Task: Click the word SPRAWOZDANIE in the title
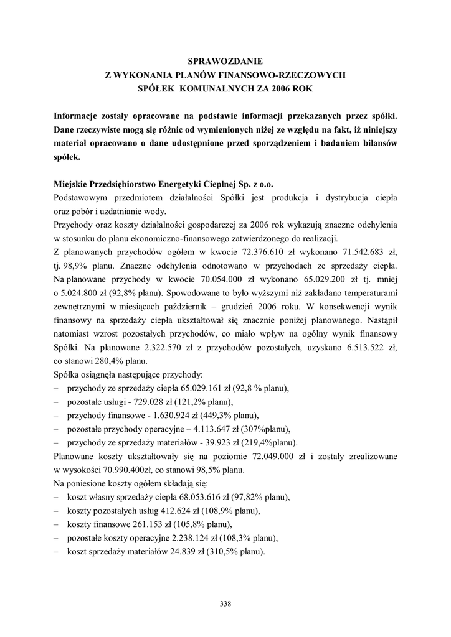click(x=225, y=62)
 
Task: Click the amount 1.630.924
click(x=169, y=416)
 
